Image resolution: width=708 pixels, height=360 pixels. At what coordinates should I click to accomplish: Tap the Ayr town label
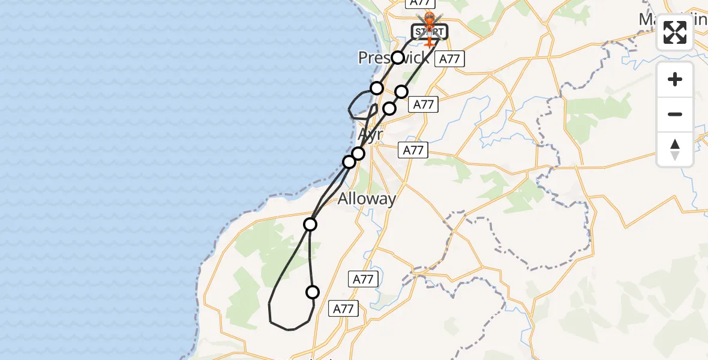coord(370,134)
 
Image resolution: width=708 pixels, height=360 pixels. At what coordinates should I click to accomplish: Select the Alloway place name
coord(367,199)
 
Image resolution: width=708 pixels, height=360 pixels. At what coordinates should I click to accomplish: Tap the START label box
coord(430,31)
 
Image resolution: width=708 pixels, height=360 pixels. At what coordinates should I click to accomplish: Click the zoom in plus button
coord(675,79)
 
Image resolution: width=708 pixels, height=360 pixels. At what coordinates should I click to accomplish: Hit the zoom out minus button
coord(675,114)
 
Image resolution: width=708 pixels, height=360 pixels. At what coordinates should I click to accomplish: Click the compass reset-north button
coord(675,149)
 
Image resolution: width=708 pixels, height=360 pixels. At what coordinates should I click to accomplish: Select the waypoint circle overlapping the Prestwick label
coord(398,58)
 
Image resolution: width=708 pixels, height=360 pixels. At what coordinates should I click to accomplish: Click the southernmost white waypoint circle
coord(313,292)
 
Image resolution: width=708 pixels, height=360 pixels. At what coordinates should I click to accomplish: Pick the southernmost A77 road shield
coord(343,308)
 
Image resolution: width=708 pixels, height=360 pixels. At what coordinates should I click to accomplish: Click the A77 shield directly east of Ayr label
coord(413,150)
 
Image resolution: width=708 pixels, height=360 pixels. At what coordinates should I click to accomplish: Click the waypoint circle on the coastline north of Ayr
coord(377,88)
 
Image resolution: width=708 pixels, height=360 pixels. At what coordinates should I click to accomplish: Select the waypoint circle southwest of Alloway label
coord(310,224)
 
